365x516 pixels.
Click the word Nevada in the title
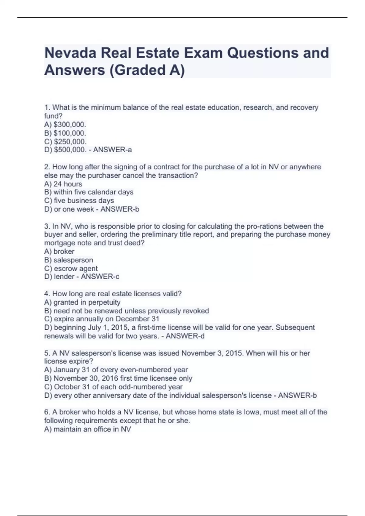point(70,53)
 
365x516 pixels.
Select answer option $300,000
point(70,124)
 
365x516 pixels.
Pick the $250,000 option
point(70,141)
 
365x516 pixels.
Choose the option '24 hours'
point(68,184)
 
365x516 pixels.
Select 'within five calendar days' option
point(93,192)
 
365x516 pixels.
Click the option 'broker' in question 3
point(64,251)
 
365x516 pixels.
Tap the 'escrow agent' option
point(75,268)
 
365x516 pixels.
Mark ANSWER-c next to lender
point(100,277)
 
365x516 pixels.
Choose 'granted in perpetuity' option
point(87,302)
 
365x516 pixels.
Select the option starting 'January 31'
point(120,370)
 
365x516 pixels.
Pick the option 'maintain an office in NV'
point(92,429)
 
